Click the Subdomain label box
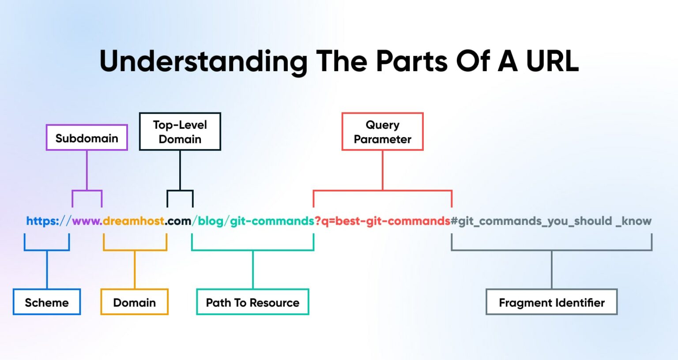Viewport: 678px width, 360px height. [x=87, y=138]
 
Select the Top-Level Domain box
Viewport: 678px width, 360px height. [x=180, y=131]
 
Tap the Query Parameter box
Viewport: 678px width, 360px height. [x=382, y=131]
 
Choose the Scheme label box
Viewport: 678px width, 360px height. [x=47, y=302]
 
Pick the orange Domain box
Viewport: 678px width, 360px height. [x=135, y=302]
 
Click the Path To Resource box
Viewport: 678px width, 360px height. [x=252, y=302]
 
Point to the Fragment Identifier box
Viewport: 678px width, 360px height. [x=551, y=302]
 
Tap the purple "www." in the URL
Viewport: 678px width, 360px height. [x=87, y=221]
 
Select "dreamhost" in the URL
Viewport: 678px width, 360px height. [x=133, y=221]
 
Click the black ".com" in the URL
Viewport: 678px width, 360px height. [x=178, y=221]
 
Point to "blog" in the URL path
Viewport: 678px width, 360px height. [x=211, y=221]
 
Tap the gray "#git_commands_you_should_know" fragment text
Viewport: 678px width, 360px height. [x=551, y=221]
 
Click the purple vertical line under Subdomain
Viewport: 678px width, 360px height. [x=87, y=170]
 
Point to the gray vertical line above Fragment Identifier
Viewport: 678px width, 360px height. [x=552, y=270]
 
